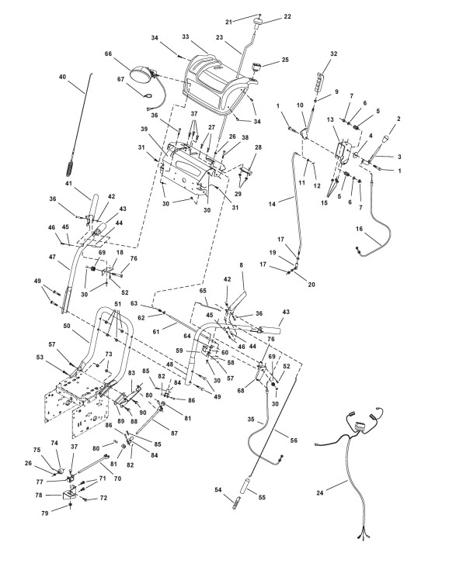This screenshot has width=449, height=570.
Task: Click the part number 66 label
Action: pyautogui.click(x=108, y=54)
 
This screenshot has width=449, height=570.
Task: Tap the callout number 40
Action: pyautogui.click(x=63, y=77)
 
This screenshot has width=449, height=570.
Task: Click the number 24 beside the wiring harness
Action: pyautogui.click(x=320, y=493)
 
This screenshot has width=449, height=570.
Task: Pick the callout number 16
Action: pyautogui.click(x=360, y=229)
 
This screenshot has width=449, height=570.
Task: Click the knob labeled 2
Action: pyautogui.click(x=385, y=140)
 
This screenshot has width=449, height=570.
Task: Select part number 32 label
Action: pyautogui.click(x=333, y=54)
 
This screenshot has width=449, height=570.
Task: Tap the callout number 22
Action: pyautogui.click(x=287, y=16)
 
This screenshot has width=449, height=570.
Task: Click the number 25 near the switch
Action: pyautogui.click(x=285, y=59)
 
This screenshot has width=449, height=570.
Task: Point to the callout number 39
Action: pyautogui.click(x=144, y=130)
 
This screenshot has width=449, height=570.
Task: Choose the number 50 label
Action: pyautogui.click(x=67, y=326)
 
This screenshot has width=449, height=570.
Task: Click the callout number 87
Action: pyautogui.click(x=174, y=433)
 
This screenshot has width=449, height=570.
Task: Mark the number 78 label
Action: pyautogui.click(x=39, y=495)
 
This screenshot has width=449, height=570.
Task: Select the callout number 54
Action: pyautogui.click(x=218, y=490)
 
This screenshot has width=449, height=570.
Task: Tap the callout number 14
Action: pyautogui.click(x=272, y=204)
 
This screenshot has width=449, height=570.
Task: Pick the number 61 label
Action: pyautogui.click(x=156, y=332)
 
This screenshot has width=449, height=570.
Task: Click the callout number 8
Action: pyautogui.click(x=241, y=265)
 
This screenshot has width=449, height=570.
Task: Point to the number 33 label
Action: pyautogui.click(x=186, y=36)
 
